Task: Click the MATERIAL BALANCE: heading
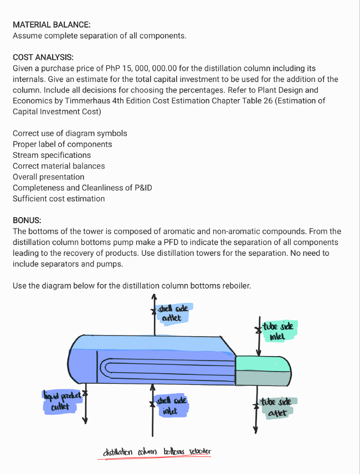(52, 25)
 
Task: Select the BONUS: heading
(27, 220)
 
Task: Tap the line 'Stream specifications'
(52, 155)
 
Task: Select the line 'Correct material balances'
(59, 166)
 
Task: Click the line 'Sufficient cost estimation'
(59, 198)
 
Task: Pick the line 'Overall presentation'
(49, 177)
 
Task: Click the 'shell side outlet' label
(172, 313)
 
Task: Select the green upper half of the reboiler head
(263, 363)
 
